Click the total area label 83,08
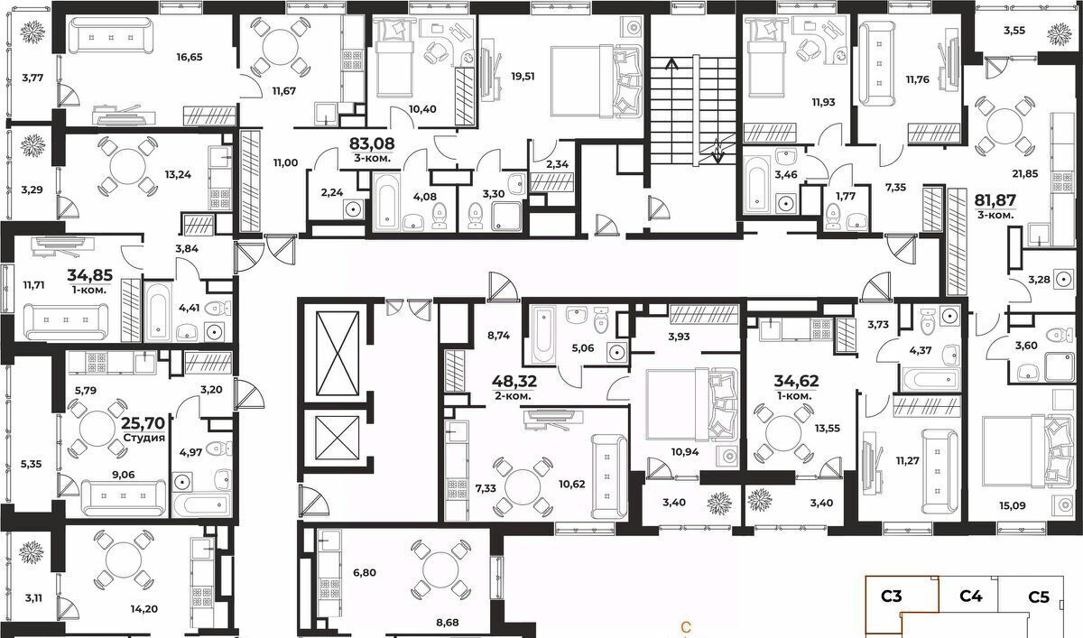coord(372,143)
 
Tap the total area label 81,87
coord(995,200)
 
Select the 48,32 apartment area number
coord(514,382)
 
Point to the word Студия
coord(144,438)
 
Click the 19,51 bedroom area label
coord(523,77)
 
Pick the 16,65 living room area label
coord(190,57)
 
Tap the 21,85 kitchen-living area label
coord(1025,173)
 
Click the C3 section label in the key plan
coord(892,596)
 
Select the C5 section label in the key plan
coord(1039,597)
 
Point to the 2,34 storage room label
coord(557,164)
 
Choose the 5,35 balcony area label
coord(32,464)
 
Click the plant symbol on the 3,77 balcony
coord(32,32)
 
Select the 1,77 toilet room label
coord(846,196)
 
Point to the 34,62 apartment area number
coord(796,382)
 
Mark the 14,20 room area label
coord(144,609)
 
